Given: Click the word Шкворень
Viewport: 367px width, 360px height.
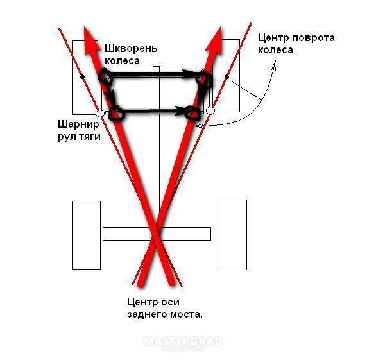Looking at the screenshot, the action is tap(131, 49).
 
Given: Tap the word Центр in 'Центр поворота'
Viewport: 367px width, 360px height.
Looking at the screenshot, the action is tap(274, 38).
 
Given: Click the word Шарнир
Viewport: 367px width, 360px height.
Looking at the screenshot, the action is tap(79, 124).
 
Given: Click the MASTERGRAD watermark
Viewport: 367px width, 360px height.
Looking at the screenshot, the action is tap(183, 342).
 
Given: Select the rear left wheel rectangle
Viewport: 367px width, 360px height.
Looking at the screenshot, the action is tap(87, 235).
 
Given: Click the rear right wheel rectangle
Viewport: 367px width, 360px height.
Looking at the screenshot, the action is tap(231, 235).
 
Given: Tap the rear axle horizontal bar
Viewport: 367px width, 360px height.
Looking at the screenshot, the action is tap(157, 234).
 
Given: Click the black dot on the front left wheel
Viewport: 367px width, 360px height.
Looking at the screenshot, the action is tap(82, 76).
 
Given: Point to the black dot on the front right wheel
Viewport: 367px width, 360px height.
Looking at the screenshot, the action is tap(226, 76).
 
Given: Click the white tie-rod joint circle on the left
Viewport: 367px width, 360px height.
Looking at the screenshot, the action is tap(100, 114).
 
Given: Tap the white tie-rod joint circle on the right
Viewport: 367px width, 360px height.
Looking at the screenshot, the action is tap(210, 110).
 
